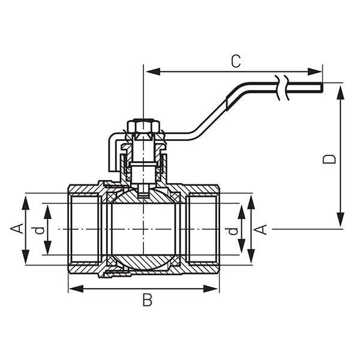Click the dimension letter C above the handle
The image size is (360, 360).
coord(236,61)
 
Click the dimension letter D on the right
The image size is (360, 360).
coord(329,158)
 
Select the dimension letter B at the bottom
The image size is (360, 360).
coord(148,300)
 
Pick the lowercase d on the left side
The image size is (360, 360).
coord(38,229)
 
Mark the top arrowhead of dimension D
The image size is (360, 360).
coord(340,91)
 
